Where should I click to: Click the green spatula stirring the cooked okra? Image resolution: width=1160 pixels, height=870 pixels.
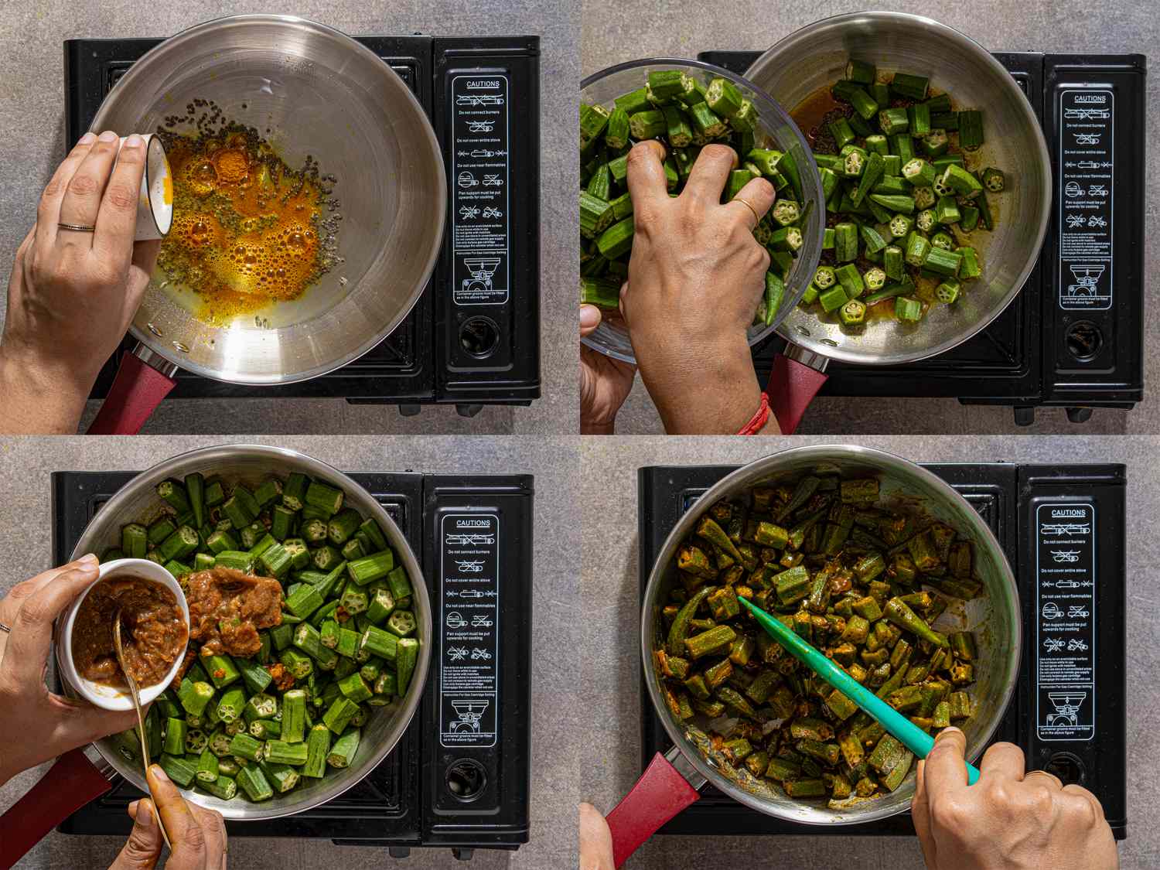(x=835, y=673)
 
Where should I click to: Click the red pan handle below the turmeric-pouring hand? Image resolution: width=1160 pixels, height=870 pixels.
(x=131, y=394)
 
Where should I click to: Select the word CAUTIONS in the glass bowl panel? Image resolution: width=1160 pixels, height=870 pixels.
(x=1087, y=99)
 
